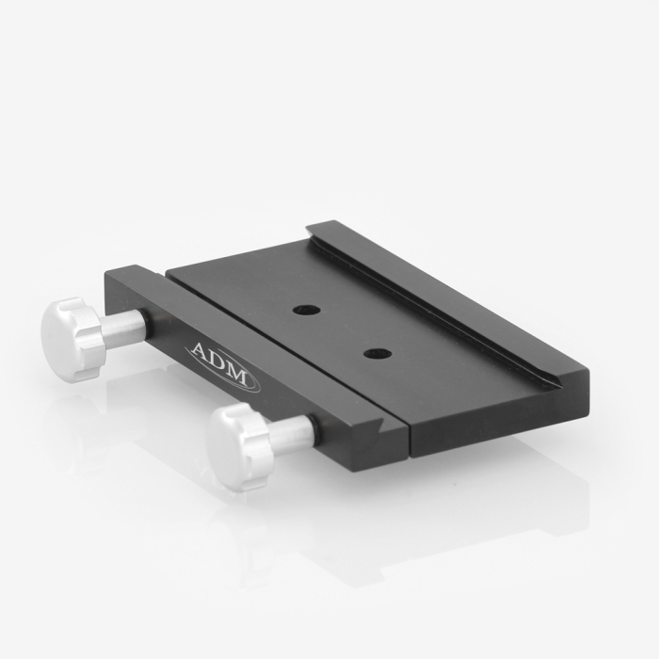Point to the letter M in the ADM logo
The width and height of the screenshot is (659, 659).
pos(239,376)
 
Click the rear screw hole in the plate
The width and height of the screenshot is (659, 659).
pos(307,311)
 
